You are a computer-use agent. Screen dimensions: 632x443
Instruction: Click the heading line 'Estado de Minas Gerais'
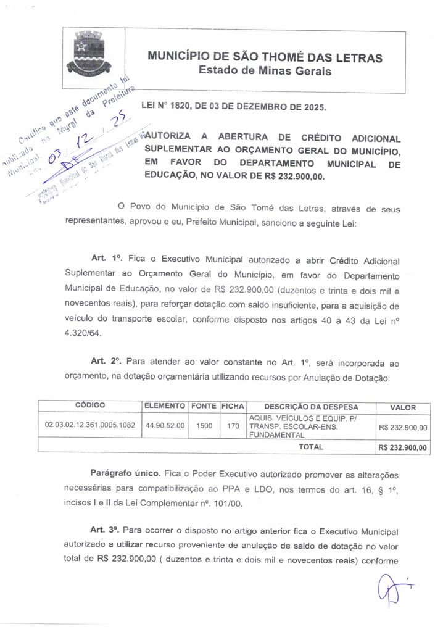click(265, 72)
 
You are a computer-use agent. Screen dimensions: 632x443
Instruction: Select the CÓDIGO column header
click(90, 406)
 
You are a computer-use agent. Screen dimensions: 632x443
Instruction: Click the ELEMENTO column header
click(165, 406)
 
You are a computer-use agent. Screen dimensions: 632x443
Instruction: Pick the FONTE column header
click(204, 406)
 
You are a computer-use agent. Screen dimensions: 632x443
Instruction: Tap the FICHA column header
click(233, 406)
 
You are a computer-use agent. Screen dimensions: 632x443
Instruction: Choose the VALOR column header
click(403, 407)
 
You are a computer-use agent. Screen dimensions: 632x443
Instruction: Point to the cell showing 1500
click(204, 426)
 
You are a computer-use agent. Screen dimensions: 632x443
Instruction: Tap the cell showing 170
click(233, 426)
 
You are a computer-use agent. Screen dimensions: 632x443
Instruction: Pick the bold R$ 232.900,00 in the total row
click(403, 447)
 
